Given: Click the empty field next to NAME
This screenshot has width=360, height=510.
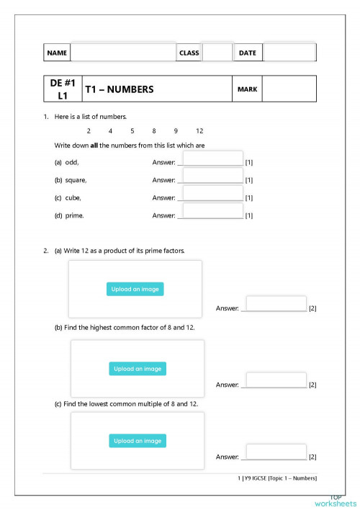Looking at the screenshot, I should [122, 53].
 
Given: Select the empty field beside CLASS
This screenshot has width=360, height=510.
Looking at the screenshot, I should [217, 53].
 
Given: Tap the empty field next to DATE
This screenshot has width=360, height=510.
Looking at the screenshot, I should [289, 53].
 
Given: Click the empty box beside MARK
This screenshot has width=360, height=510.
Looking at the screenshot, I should [289, 89].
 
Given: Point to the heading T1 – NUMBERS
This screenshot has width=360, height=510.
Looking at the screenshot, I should [120, 90].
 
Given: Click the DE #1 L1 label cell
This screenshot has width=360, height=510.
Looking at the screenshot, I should [63, 89].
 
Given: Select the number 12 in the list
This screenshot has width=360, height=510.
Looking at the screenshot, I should [199, 131].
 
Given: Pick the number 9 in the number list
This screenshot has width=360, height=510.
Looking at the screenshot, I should [176, 131].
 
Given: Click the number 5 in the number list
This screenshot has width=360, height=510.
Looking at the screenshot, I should [132, 131].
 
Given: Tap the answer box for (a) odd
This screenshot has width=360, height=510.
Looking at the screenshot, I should [213, 158].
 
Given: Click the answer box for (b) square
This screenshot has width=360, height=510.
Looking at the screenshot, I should [213, 176].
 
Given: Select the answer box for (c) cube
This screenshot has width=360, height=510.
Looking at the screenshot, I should [213, 193].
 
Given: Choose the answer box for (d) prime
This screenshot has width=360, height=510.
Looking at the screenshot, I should [213, 211].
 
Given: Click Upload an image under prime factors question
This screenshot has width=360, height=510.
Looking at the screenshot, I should [136, 289].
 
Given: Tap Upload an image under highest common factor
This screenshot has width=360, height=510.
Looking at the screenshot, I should [138, 369].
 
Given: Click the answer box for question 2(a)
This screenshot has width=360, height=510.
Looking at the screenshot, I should [276, 304].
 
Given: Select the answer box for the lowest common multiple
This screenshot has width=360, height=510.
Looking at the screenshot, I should [276, 452].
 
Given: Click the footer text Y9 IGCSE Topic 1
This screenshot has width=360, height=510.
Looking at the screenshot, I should [276, 478].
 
